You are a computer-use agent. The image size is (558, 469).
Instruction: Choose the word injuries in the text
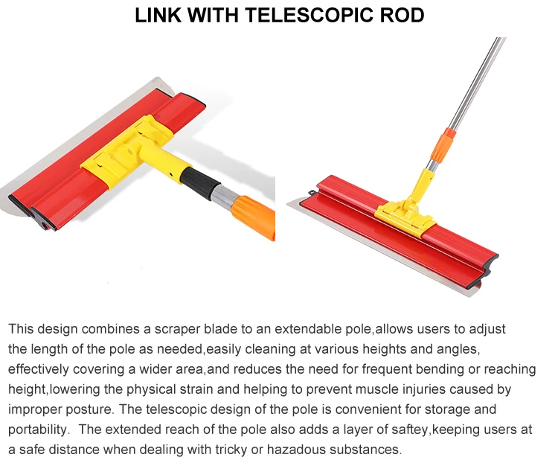click(x=443, y=389)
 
